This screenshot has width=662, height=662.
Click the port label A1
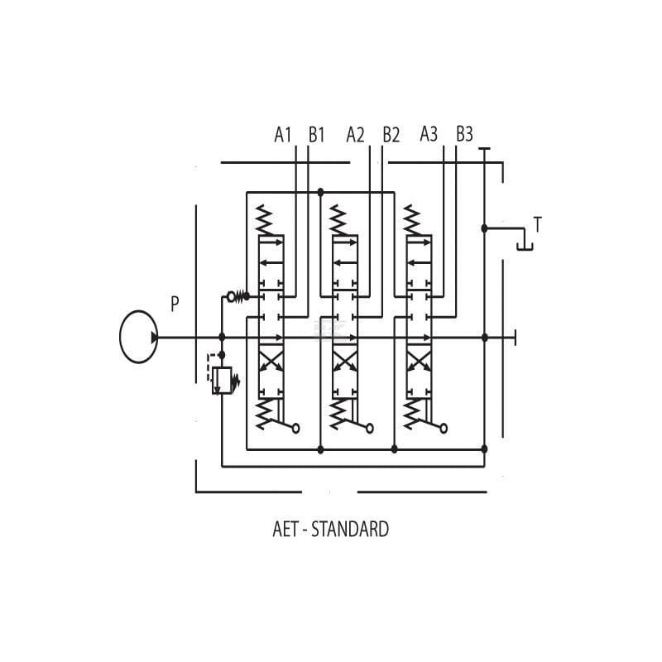[282, 135]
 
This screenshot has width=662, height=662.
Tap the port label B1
[316, 135]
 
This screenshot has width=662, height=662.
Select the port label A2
[355, 135]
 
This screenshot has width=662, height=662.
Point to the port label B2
[391, 135]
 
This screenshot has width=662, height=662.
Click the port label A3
[429, 134]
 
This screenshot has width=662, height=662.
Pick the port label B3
[464, 134]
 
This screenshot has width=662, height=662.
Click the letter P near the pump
[175, 304]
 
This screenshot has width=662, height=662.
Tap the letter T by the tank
[537, 224]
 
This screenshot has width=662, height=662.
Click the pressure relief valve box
[222, 381]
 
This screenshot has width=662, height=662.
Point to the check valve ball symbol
[231, 297]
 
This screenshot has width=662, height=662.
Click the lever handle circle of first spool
[296, 429]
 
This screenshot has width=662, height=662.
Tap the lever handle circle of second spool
[370, 429]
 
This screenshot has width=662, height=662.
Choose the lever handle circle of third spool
[444, 429]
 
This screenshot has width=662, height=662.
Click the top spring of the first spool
[265, 220]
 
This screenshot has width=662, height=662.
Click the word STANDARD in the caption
[350, 529]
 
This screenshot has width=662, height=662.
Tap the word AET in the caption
[285, 529]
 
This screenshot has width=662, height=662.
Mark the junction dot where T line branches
[485, 228]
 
